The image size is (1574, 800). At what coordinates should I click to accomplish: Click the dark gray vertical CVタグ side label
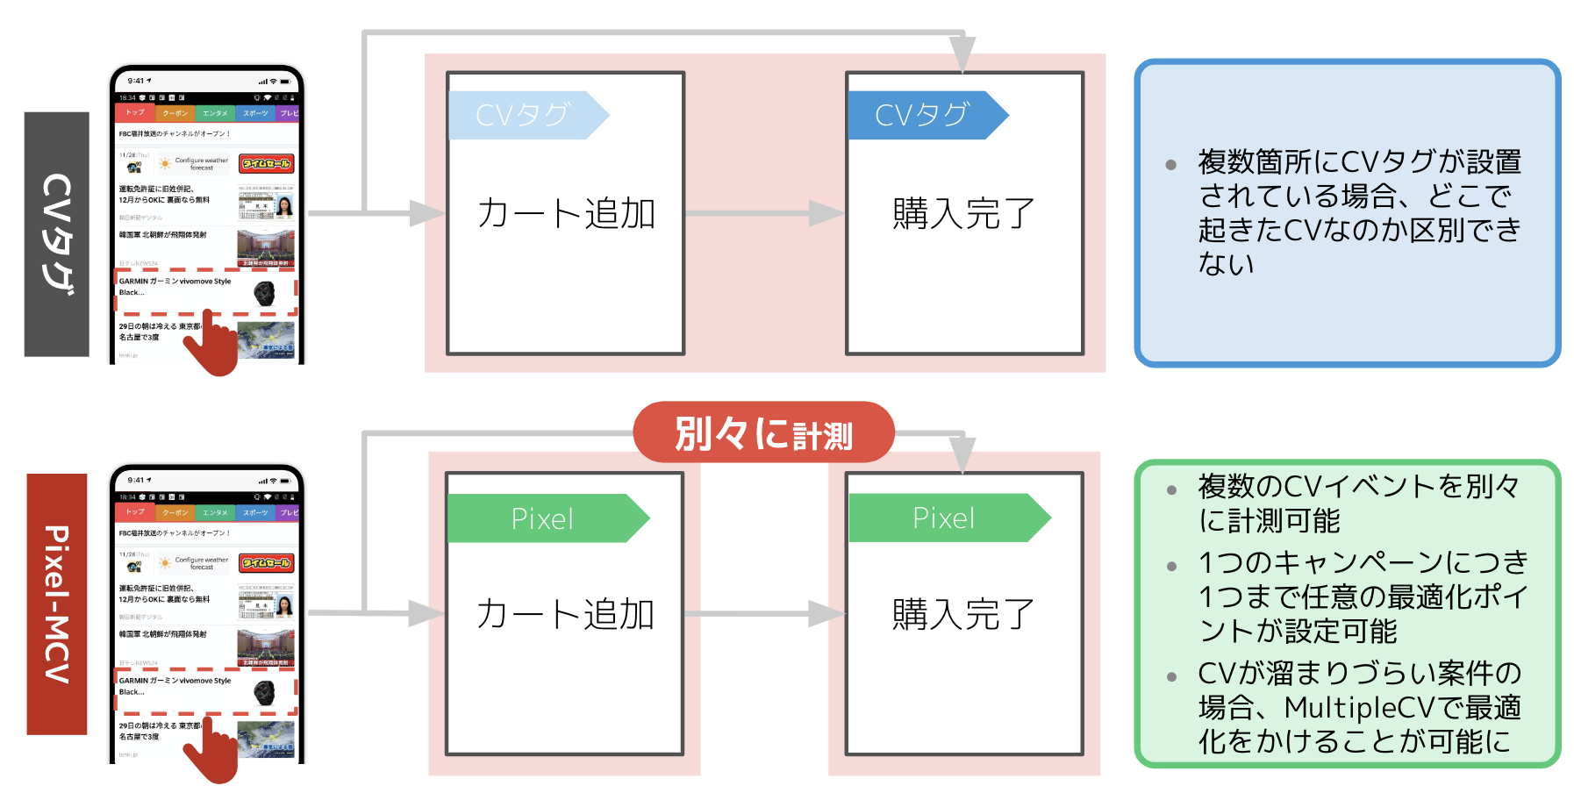click(x=56, y=234)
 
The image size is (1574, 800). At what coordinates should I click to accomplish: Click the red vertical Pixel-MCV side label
click(x=56, y=604)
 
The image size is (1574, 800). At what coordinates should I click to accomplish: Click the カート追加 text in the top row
click(x=566, y=213)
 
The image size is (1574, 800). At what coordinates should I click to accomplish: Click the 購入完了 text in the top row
click(x=964, y=213)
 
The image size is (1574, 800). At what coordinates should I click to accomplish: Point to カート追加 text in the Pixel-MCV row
click(x=566, y=614)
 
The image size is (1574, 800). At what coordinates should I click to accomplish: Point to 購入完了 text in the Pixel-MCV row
click(x=964, y=614)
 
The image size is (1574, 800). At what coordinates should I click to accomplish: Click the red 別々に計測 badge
click(x=763, y=432)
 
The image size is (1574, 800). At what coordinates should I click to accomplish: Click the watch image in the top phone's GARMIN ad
click(x=264, y=293)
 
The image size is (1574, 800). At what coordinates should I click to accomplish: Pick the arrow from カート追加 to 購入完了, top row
click(x=763, y=213)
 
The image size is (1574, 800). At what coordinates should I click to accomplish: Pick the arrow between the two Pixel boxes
click(x=763, y=614)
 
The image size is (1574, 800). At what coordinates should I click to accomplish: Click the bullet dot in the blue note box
click(x=1170, y=165)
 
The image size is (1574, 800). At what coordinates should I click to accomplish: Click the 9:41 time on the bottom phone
click(x=139, y=480)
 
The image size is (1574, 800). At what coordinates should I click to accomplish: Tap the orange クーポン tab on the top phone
click(x=175, y=113)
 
